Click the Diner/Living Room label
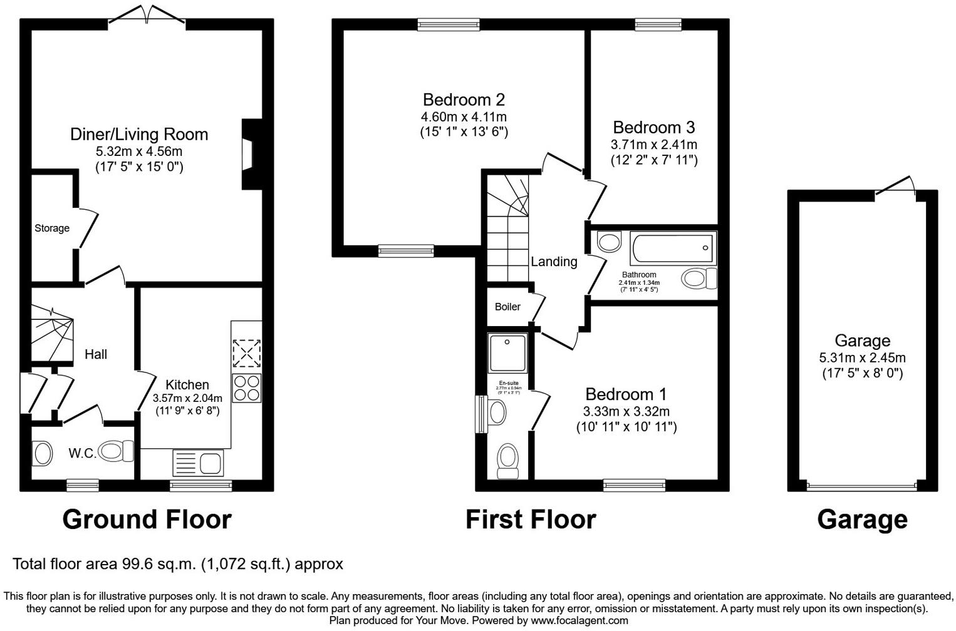(138, 135)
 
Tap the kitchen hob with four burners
(246, 387)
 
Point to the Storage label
(52, 228)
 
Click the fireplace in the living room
(249, 154)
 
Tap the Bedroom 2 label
(464, 100)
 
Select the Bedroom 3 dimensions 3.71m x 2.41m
(654, 145)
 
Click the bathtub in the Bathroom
(673, 249)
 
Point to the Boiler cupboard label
(507, 307)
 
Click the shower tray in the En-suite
(507, 353)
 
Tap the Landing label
(554, 262)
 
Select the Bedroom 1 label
(626, 394)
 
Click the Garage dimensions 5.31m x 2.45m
(862, 358)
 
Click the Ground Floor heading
(147, 520)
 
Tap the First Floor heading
(531, 520)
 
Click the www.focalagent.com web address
(579, 620)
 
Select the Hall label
(96, 354)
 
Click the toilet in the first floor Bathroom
(699, 278)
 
